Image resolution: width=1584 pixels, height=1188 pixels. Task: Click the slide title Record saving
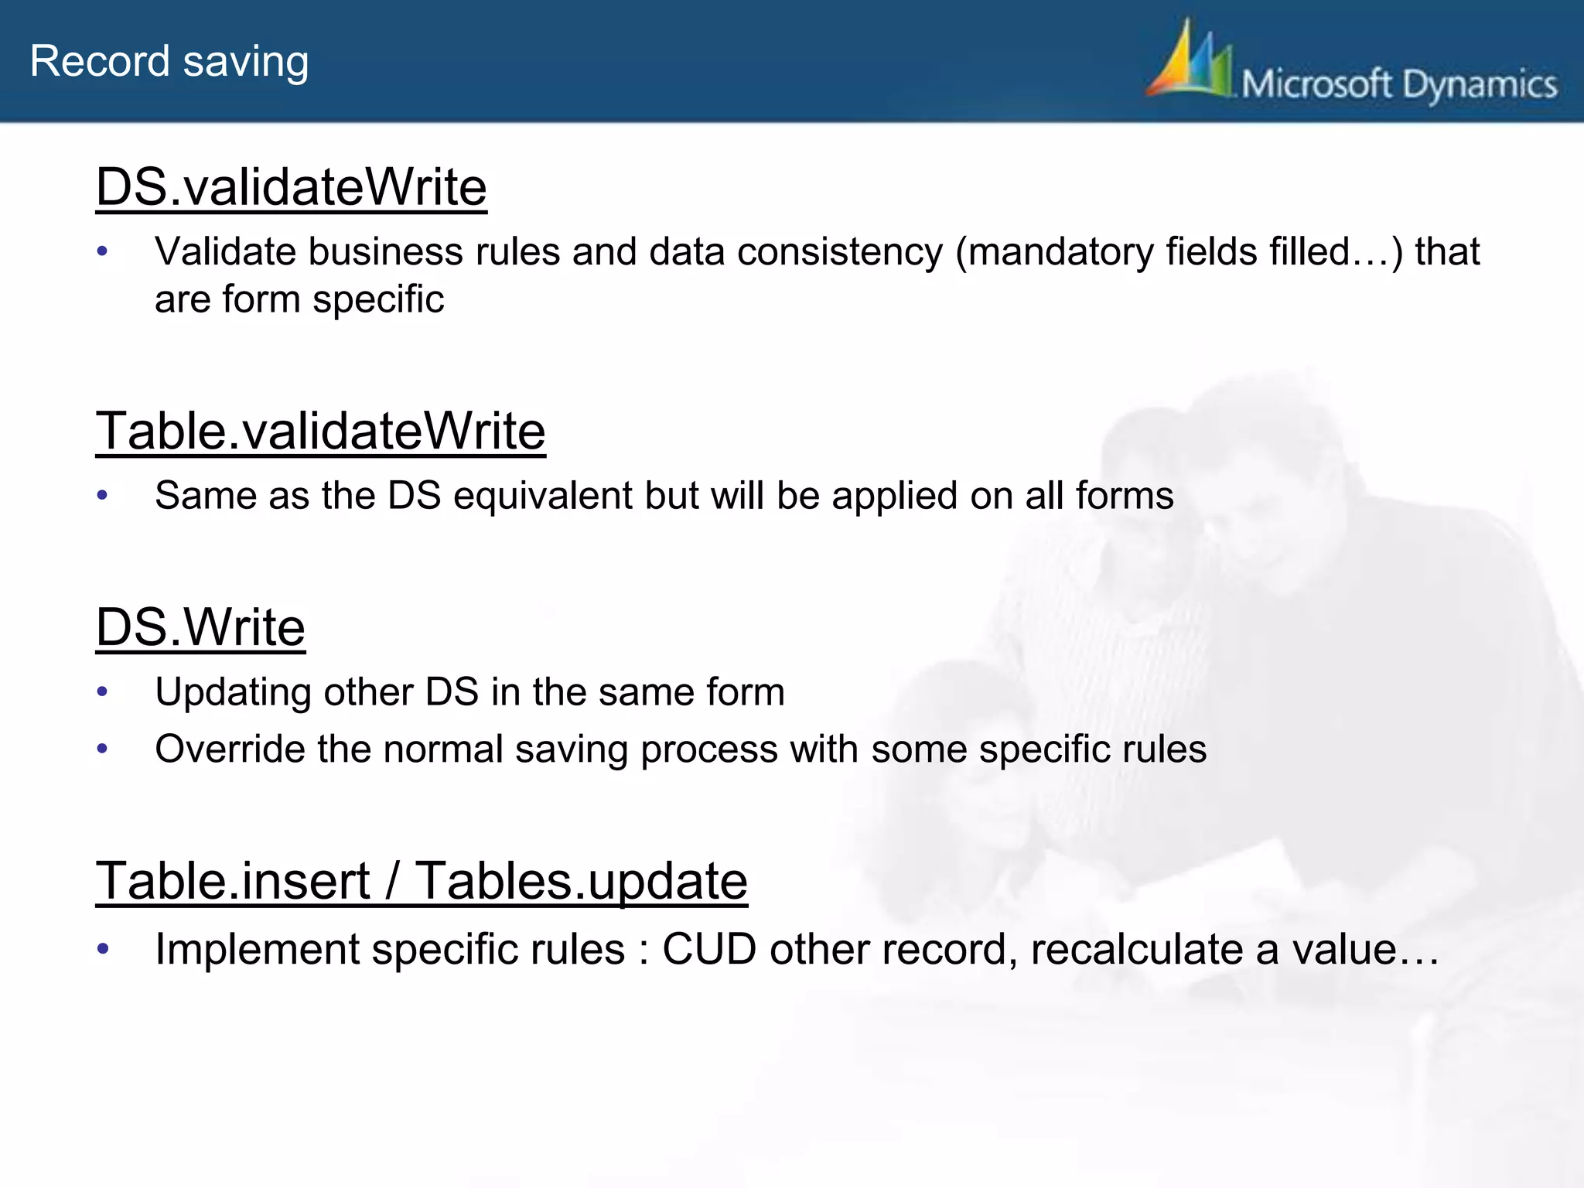pos(169,62)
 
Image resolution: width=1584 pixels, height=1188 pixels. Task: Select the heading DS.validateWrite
pos(292,188)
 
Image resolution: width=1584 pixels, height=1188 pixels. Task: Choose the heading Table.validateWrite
pos(320,431)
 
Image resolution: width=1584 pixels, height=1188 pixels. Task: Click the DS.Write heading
pos(200,627)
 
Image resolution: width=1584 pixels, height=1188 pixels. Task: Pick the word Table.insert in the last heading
pos(233,881)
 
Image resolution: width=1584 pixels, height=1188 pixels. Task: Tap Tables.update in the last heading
pos(582,881)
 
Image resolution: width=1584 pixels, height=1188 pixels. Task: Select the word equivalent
pos(543,496)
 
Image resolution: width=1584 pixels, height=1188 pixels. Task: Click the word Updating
pos(233,692)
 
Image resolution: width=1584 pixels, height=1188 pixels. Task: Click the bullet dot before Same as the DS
pos(102,496)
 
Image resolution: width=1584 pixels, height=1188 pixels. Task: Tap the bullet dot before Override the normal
pos(102,749)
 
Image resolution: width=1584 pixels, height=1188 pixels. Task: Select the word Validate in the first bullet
pos(225,252)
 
